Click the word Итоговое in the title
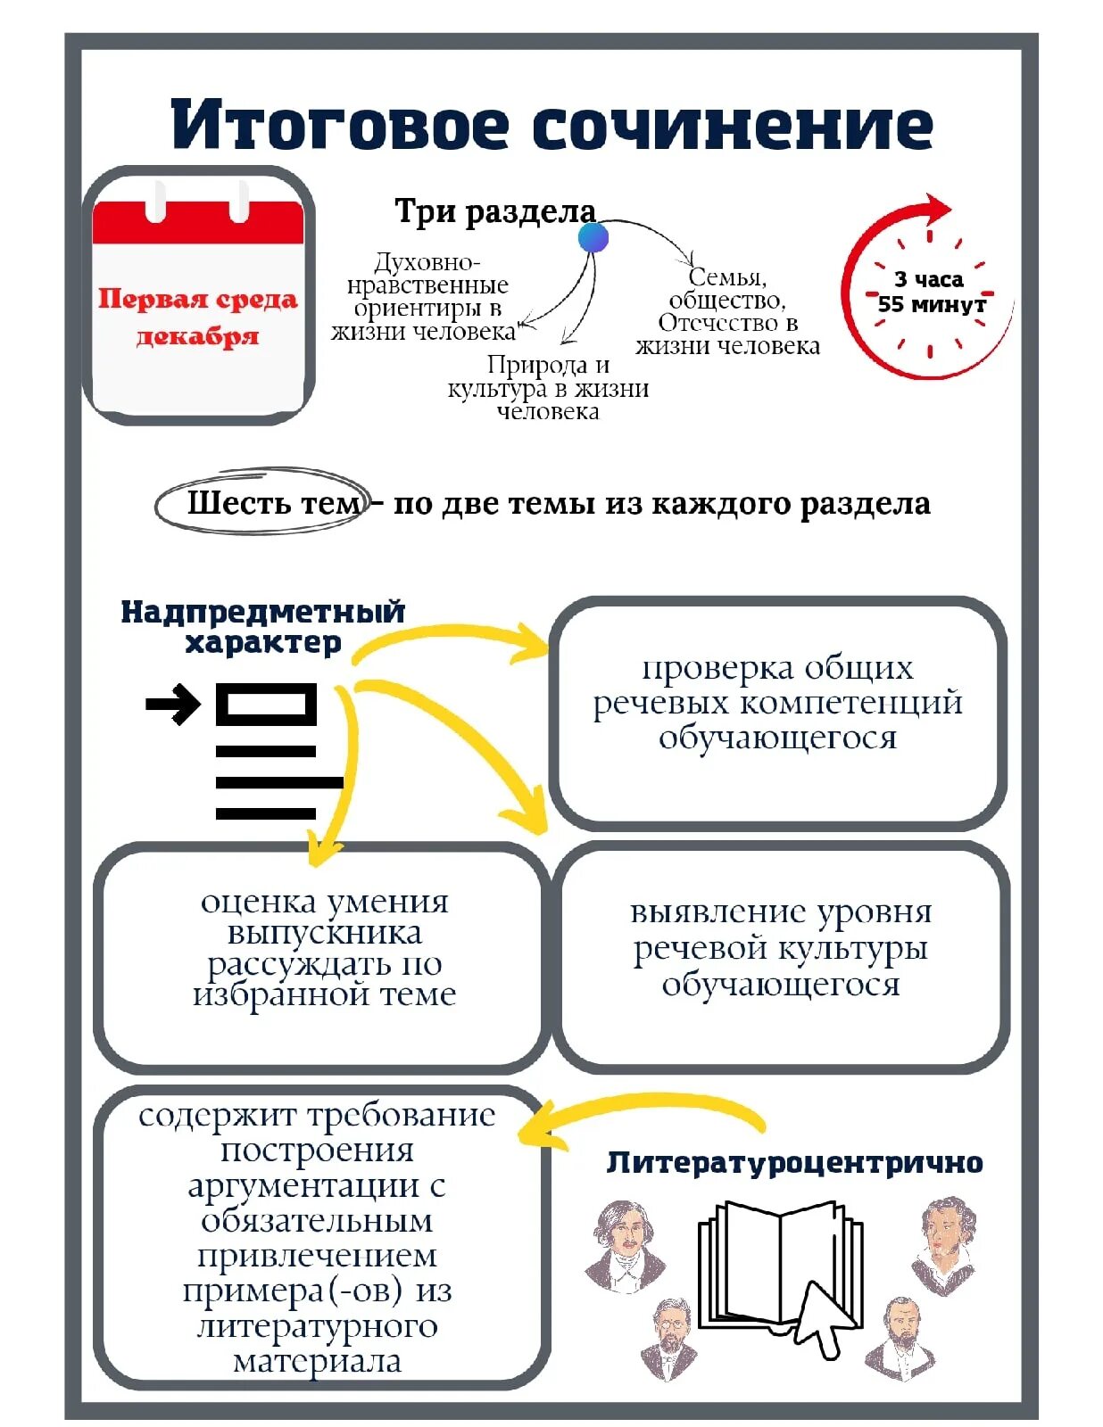(340, 125)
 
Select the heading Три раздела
(495, 211)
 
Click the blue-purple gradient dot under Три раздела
(593, 238)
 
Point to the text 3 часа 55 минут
(931, 292)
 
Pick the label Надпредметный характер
(263, 626)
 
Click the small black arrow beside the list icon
(173, 705)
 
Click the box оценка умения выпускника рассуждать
(323, 951)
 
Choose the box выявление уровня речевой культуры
(781, 951)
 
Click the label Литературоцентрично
(794, 1162)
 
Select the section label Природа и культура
(548, 388)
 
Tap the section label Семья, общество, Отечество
(727, 311)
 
